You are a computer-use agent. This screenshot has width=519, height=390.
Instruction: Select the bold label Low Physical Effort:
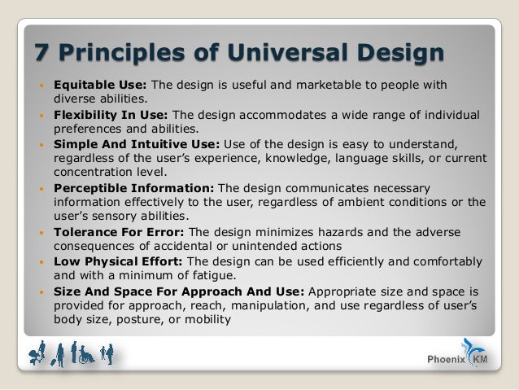[x=118, y=262]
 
